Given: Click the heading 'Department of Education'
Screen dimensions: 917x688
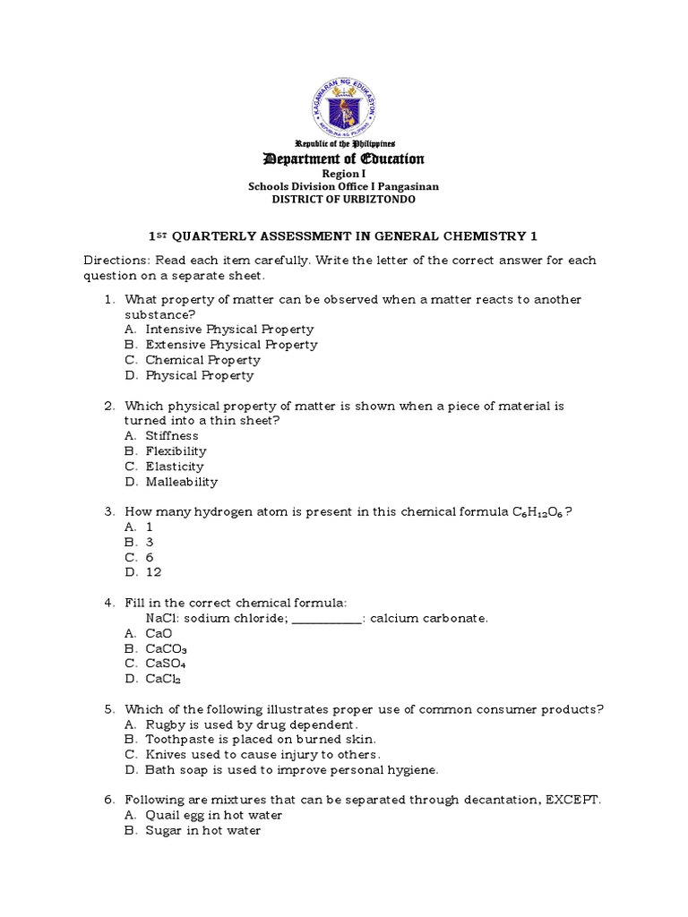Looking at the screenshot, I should [344, 159].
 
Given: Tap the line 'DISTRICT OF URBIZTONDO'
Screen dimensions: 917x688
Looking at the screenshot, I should [344, 199].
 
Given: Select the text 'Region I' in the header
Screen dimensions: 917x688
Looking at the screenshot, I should [344, 174].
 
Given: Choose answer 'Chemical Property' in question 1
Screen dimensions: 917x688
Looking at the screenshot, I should [202, 360].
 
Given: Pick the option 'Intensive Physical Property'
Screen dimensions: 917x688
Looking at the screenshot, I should [229, 330].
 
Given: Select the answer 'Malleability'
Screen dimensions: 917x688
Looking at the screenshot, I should [182, 482].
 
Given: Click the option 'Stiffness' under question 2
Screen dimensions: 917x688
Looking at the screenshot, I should [172, 436].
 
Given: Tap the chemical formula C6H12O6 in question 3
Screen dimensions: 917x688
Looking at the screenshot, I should [537, 512].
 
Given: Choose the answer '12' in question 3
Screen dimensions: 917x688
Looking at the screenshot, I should [153, 572].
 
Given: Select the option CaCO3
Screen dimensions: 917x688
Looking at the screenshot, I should [167, 649].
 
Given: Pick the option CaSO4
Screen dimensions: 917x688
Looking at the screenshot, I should [167, 664].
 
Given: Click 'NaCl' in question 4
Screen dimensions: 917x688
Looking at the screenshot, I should [160, 618].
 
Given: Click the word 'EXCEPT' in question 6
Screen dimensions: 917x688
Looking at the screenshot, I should [572, 800].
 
